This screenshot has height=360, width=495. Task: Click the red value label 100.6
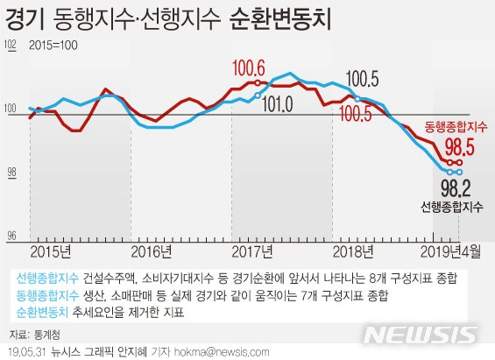point(249,67)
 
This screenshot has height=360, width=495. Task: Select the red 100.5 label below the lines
point(355,114)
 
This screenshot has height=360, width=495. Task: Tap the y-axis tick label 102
point(11,46)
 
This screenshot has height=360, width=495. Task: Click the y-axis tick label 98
point(12,173)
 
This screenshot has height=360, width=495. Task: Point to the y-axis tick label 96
point(12,236)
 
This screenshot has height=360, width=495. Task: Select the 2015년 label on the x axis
point(50,253)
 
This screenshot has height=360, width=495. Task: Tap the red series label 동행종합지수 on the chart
point(456,127)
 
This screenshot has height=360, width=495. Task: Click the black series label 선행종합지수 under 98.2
point(451,208)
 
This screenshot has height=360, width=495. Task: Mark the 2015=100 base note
point(55,44)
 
